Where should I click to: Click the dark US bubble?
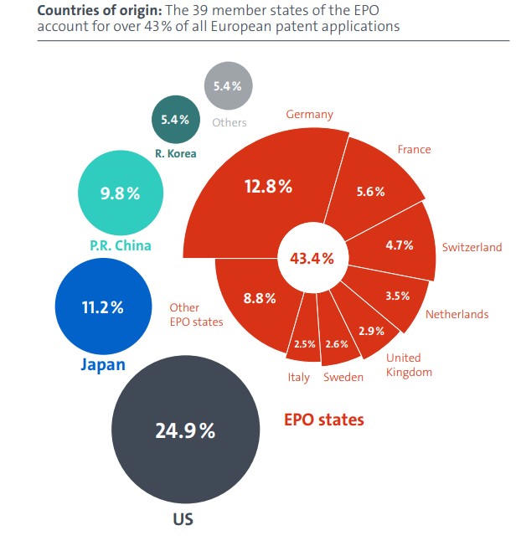(185, 430)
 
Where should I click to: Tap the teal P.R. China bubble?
(120, 193)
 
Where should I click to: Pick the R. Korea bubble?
(175, 120)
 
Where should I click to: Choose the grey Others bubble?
(229, 85)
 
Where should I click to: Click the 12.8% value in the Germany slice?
(268, 187)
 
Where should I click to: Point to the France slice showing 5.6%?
(370, 191)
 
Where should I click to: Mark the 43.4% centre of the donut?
(312, 258)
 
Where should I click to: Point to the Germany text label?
(309, 114)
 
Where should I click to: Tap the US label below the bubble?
(183, 519)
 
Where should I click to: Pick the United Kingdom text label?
(409, 364)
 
